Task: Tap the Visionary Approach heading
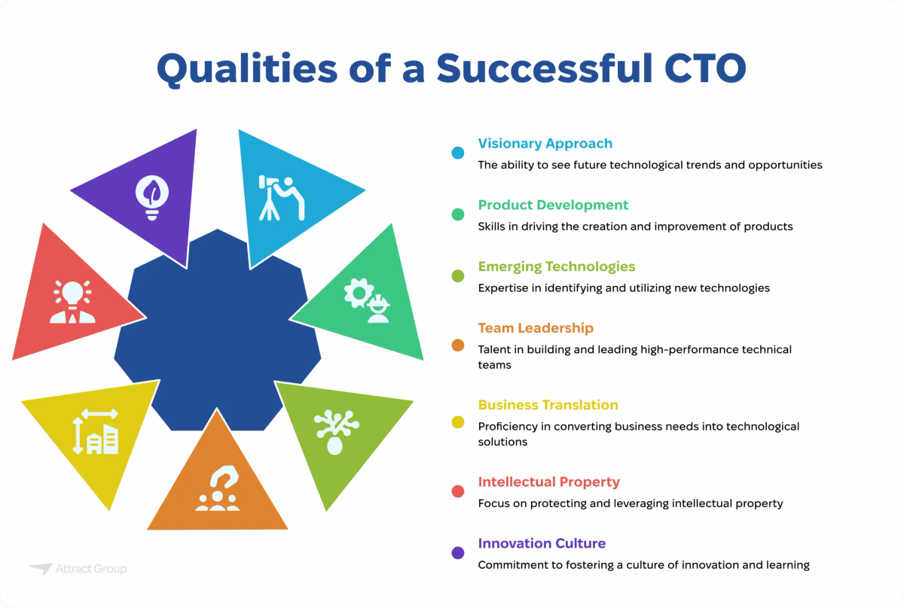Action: (x=545, y=143)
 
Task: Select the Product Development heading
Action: (x=553, y=205)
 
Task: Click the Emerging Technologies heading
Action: (x=557, y=266)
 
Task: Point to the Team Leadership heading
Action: (x=536, y=328)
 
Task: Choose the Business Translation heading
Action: (x=548, y=405)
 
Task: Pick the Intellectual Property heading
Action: (x=548, y=482)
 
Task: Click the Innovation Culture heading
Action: (x=542, y=543)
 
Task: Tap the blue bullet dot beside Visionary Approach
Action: (x=458, y=153)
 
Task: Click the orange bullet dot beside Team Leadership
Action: (x=458, y=345)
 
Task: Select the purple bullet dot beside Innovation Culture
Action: (x=458, y=553)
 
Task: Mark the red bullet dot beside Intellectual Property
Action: (x=458, y=491)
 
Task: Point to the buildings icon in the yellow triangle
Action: (x=96, y=431)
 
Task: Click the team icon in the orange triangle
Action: (x=217, y=490)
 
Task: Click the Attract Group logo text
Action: (x=90, y=570)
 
